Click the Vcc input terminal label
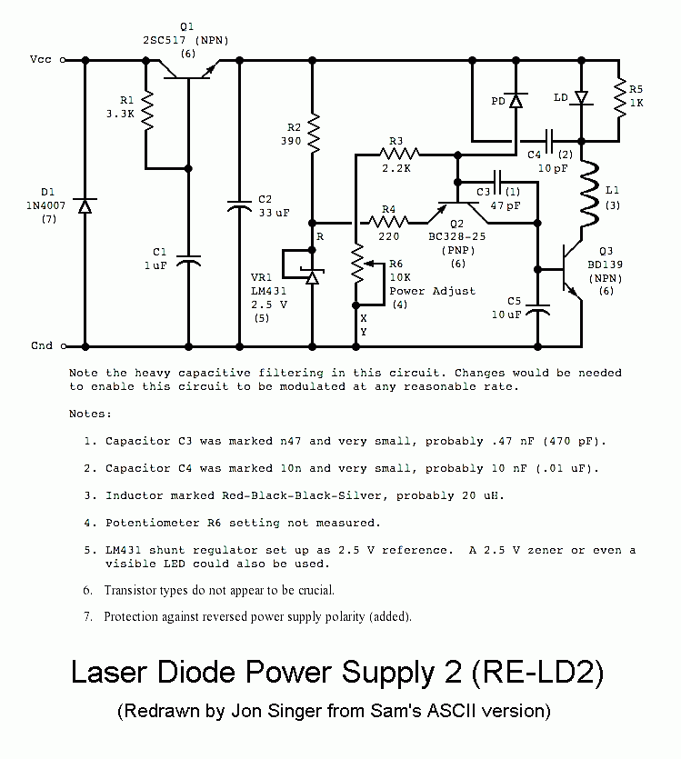(x=40, y=60)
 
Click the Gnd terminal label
(x=40, y=346)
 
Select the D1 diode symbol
(x=85, y=205)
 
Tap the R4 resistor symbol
(x=389, y=222)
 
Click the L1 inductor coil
(x=588, y=195)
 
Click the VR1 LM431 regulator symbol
(x=311, y=274)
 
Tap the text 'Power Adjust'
(x=432, y=291)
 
